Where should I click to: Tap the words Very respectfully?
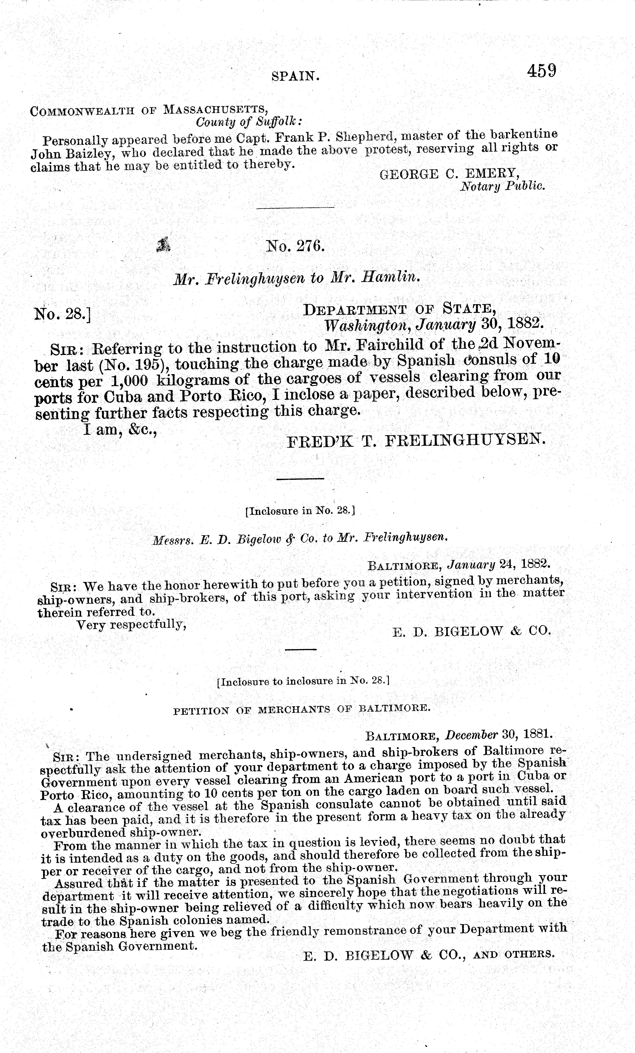tap(131, 625)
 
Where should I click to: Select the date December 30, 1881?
tap(499, 735)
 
